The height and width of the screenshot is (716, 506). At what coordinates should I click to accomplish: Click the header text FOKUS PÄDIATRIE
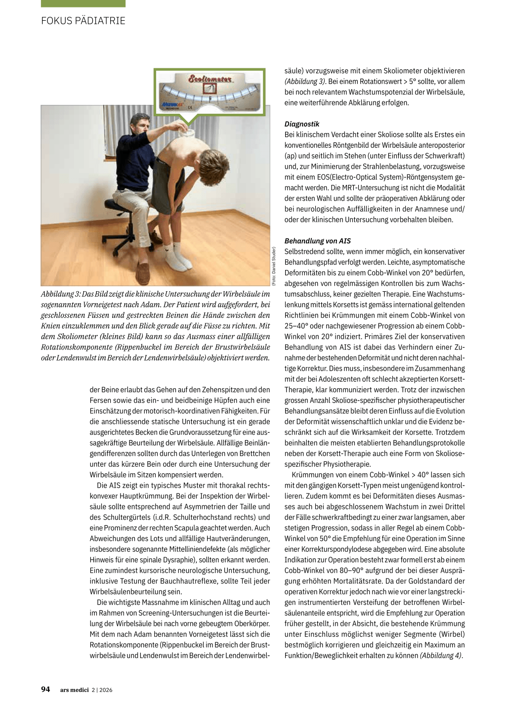coord(83,21)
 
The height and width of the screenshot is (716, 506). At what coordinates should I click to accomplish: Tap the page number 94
coord(45,689)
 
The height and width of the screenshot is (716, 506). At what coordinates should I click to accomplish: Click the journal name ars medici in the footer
coord(74,690)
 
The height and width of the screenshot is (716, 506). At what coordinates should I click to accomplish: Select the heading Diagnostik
coord(301,124)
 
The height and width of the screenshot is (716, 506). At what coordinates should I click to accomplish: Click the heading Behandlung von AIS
coord(317,241)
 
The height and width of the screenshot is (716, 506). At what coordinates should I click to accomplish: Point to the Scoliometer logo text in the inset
coord(210,79)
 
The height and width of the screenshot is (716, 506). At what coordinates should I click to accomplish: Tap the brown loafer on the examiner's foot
coord(143,270)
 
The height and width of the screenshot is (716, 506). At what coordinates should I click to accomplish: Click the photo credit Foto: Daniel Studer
coord(274,266)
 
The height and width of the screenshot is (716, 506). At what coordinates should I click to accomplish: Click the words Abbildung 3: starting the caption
coord(60,294)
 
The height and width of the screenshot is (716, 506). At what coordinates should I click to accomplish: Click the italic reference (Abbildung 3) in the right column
coord(305,82)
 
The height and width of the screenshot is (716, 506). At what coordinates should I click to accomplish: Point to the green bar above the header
coord(83,3)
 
